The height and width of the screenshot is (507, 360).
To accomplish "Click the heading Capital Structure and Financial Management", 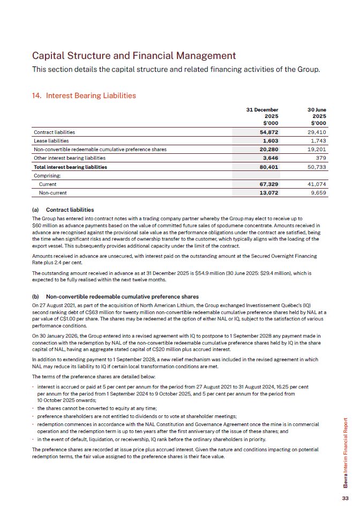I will coord(134,56).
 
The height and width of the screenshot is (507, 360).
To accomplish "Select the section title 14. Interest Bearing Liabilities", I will coord(84,96).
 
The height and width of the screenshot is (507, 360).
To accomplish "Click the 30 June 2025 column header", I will coord(314,116).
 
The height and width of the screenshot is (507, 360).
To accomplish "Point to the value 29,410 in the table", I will coord(317,132).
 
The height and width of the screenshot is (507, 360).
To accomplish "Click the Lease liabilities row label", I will coord(52,141).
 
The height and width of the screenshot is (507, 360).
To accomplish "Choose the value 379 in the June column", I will coord(320,158).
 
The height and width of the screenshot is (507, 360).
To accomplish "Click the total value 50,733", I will coord(317,167).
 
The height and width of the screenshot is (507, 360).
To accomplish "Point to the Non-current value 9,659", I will coord(318,192).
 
